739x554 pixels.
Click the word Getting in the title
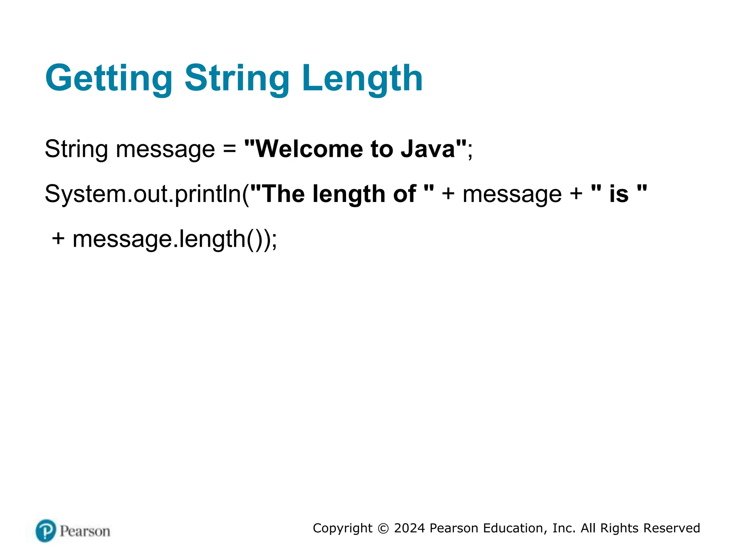pyautogui.click(x=109, y=78)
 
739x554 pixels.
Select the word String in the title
pyautogui.click(x=237, y=78)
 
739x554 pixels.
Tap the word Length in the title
pyautogui.click(x=362, y=78)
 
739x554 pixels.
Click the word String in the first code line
pyautogui.click(x=76, y=149)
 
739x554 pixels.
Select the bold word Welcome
pyautogui.click(x=309, y=149)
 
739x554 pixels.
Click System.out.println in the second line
pyautogui.click(x=143, y=194)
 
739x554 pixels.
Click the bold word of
pyautogui.click(x=405, y=194)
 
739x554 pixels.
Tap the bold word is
pyautogui.click(x=619, y=194)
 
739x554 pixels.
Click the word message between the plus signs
pyautogui.click(x=512, y=194)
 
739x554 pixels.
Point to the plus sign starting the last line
pyautogui.click(x=58, y=239)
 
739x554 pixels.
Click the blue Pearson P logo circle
pyautogui.click(x=46, y=531)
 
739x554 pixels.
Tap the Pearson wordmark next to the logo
pyautogui.click(x=85, y=531)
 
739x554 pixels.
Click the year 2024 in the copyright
pyautogui.click(x=409, y=528)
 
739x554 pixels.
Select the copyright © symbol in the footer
pyautogui.click(x=383, y=528)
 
